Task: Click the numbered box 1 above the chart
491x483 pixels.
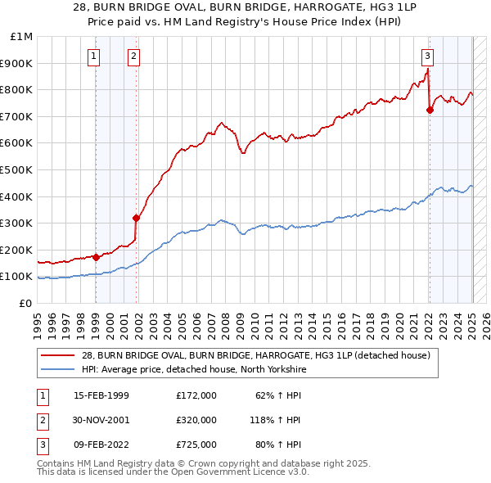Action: pos(95,56)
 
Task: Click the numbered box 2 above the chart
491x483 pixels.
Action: pos(133,56)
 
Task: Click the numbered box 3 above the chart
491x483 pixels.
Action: pos(427,56)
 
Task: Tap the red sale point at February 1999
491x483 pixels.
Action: pos(96,257)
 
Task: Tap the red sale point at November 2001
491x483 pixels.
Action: pos(137,218)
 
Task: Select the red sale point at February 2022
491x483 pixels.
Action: pos(430,110)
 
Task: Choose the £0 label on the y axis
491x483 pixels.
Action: pos(25,304)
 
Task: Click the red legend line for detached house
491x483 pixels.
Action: pos(60,355)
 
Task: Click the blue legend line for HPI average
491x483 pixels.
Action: pos(60,370)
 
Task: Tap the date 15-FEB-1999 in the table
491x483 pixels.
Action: pos(101,395)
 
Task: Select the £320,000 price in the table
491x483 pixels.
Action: pos(196,420)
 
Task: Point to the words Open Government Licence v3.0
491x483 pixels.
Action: pos(236,472)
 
